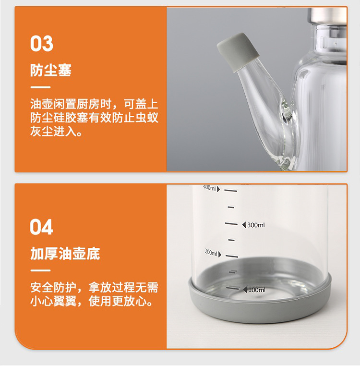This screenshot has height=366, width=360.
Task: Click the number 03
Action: pos(42,44)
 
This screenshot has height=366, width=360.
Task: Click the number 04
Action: pos(42,227)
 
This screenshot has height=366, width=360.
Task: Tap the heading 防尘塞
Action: pos(51,70)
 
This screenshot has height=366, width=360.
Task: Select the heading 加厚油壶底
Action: pos(65,253)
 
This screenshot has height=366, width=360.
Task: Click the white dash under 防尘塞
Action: pos(40,87)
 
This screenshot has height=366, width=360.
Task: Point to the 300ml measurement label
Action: pos(256,225)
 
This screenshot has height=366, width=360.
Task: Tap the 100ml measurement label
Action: pos(257,290)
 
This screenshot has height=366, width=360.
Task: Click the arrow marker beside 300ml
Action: pos(243,225)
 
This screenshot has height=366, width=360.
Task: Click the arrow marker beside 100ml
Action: pos(244,290)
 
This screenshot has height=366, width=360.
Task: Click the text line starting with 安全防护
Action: pos(94,288)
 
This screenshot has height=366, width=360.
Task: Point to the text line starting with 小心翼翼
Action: pos(91,302)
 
